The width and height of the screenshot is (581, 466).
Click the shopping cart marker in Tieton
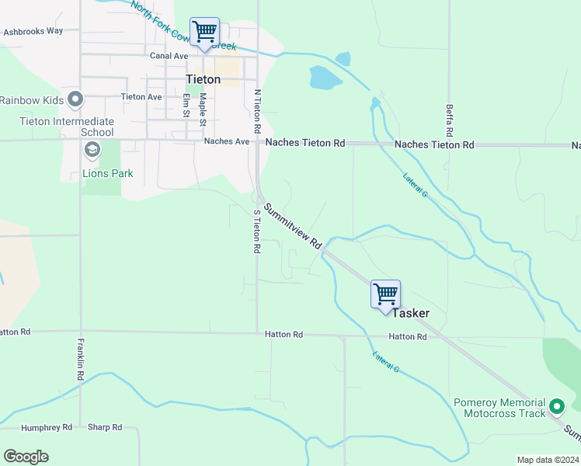204,33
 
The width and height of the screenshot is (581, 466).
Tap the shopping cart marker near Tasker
385,294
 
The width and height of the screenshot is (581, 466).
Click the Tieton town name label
203,79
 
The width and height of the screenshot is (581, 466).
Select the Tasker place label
410,313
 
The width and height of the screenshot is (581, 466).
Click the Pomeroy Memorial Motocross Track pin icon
556,406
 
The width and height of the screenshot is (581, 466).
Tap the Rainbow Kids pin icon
75,99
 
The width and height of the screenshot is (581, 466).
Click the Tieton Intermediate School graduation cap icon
92,150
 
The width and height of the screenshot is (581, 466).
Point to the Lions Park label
108,173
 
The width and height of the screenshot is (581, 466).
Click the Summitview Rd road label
292,226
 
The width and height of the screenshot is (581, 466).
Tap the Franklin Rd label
80,358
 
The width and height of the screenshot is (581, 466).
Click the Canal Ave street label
169,56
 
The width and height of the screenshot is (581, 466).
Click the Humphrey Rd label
47,427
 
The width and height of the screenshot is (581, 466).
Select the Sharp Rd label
105,427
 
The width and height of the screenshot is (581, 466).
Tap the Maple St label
203,110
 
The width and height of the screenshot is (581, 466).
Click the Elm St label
186,105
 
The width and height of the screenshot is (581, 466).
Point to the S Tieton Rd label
256,231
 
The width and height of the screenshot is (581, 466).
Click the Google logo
26,456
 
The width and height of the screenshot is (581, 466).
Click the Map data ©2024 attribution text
547,460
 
